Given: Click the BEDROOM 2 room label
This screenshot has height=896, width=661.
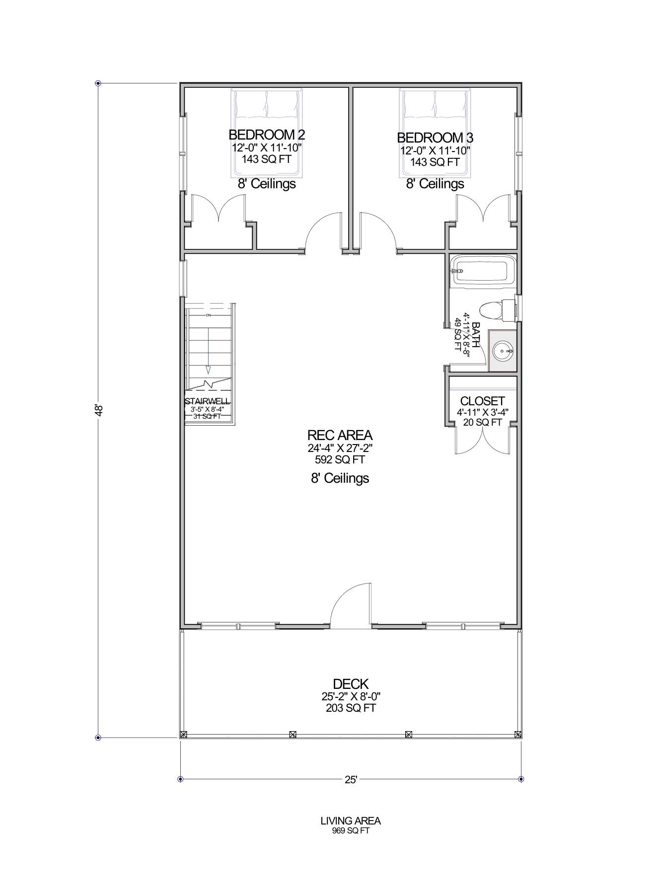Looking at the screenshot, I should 267,135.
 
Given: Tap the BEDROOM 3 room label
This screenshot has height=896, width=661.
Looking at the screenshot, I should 435,138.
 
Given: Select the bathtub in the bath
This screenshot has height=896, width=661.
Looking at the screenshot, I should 479,270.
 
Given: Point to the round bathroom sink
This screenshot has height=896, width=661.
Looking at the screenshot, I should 503,351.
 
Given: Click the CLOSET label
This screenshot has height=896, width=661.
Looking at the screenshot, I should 482,401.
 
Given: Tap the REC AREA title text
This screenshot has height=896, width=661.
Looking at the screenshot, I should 340,435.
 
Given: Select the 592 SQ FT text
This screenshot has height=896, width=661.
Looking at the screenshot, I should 340,459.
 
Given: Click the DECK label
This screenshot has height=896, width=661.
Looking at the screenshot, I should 351,684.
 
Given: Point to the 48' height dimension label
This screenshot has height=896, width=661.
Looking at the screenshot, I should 99,410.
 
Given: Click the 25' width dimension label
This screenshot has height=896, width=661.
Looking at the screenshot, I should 351,780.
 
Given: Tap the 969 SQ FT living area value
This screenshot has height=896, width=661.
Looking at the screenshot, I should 351,831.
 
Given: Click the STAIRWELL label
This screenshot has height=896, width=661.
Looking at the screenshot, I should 208,401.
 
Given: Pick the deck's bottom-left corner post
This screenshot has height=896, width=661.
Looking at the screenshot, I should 184,734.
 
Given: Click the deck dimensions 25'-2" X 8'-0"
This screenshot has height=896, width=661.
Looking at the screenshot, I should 351,696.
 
